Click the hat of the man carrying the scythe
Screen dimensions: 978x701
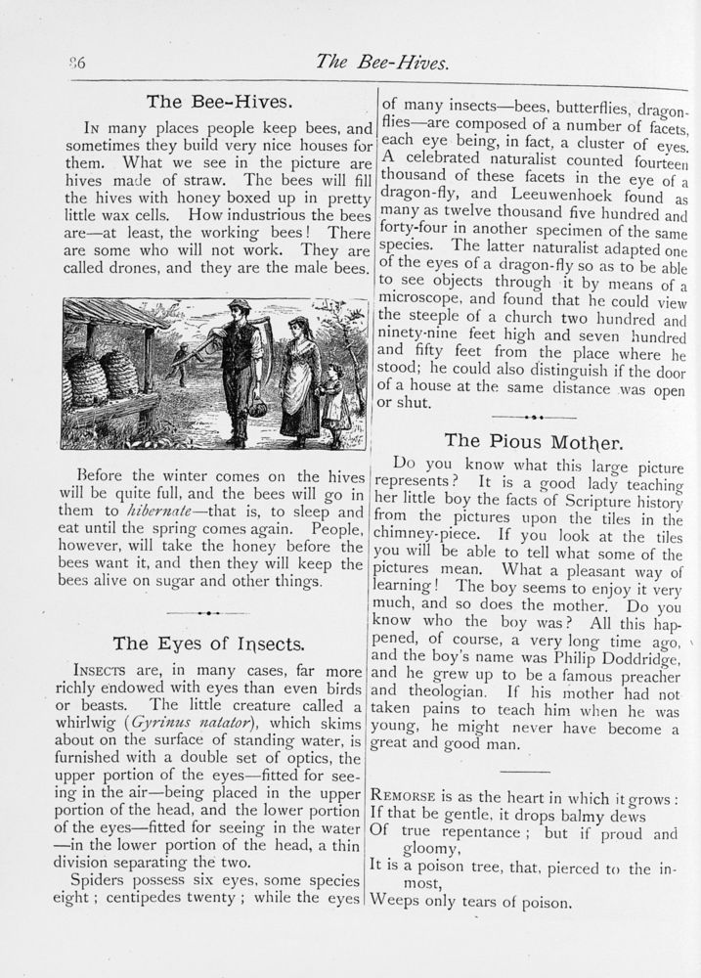(238, 305)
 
